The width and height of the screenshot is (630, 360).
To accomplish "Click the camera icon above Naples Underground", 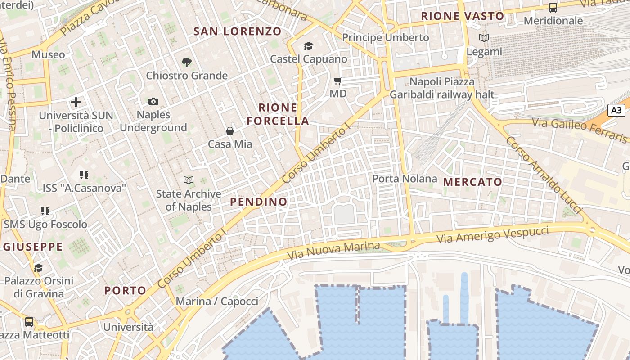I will [x=153, y=102].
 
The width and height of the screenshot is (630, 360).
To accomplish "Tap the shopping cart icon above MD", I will [x=338, y=81].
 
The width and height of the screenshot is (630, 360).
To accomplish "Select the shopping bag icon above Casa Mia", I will [x=230, y=131].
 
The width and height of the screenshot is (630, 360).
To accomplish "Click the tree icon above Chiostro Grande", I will [x=187, y=63].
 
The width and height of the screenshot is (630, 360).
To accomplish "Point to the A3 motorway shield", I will [x=616, y=110].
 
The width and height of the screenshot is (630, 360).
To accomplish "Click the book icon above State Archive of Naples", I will [x=189, y=180].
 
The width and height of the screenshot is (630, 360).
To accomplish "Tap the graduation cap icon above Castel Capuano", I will [x=308, y=46].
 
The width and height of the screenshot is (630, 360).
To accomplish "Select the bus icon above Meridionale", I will [x=553, y=8].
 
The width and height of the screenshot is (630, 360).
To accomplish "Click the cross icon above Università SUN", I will [x=76, y=102].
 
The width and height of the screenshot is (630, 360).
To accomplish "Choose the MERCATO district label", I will [x=472, y=182].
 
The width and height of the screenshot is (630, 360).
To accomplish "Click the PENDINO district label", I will [x=259, y=202].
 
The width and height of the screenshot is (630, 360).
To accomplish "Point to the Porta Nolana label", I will [x=405, y=179].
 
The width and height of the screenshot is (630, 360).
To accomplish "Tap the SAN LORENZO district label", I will [x=238, y=31].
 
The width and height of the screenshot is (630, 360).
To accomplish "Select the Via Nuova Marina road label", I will [x=333, y=250].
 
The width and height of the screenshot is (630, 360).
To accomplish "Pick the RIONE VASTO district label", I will [x=463, y=16].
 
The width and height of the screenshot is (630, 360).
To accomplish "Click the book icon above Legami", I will [x=484, y=38].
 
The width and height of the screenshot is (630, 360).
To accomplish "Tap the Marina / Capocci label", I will [x=217, y=301].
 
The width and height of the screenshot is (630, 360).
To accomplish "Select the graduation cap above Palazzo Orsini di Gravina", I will [x=39, y=268].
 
